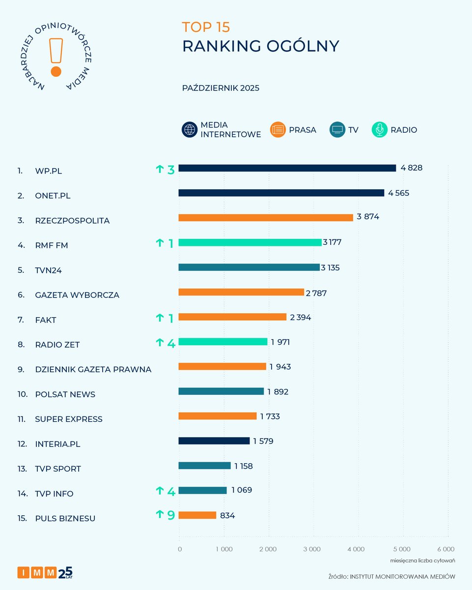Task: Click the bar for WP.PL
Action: [287, 168]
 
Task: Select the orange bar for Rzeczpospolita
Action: [265, 218]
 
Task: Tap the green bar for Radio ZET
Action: [222, 342]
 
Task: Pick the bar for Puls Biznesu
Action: [197, 515]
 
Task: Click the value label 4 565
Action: [398, 193]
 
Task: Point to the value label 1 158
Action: [243, 466]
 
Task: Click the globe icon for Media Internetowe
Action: [189, 130]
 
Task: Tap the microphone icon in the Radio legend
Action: [379, 130]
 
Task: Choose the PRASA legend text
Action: [303, 130]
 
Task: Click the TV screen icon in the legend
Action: [338, 130]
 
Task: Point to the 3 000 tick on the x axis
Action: [312, 549]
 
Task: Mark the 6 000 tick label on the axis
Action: [445, 549]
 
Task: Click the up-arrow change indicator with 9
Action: [165, 515]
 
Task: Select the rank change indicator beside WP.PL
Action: [165, 170]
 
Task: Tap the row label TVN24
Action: [49, 270]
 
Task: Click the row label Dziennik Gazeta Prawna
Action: [93, 369]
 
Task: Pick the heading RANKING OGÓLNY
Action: [260, 46]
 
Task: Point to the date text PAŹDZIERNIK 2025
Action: [221, 88]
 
